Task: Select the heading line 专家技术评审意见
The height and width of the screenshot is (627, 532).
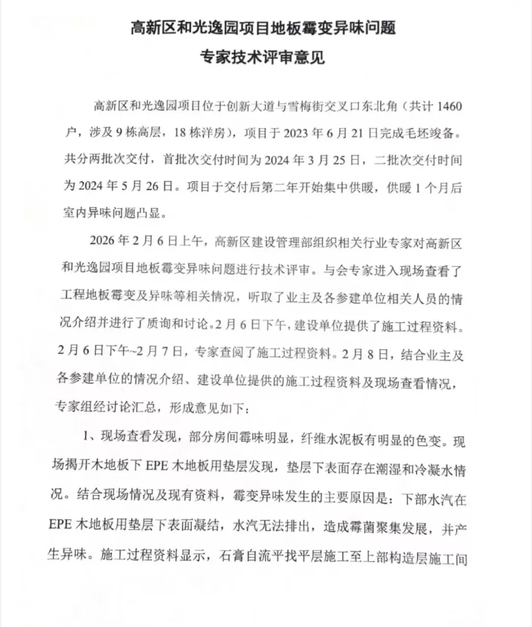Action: coord(262,57)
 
